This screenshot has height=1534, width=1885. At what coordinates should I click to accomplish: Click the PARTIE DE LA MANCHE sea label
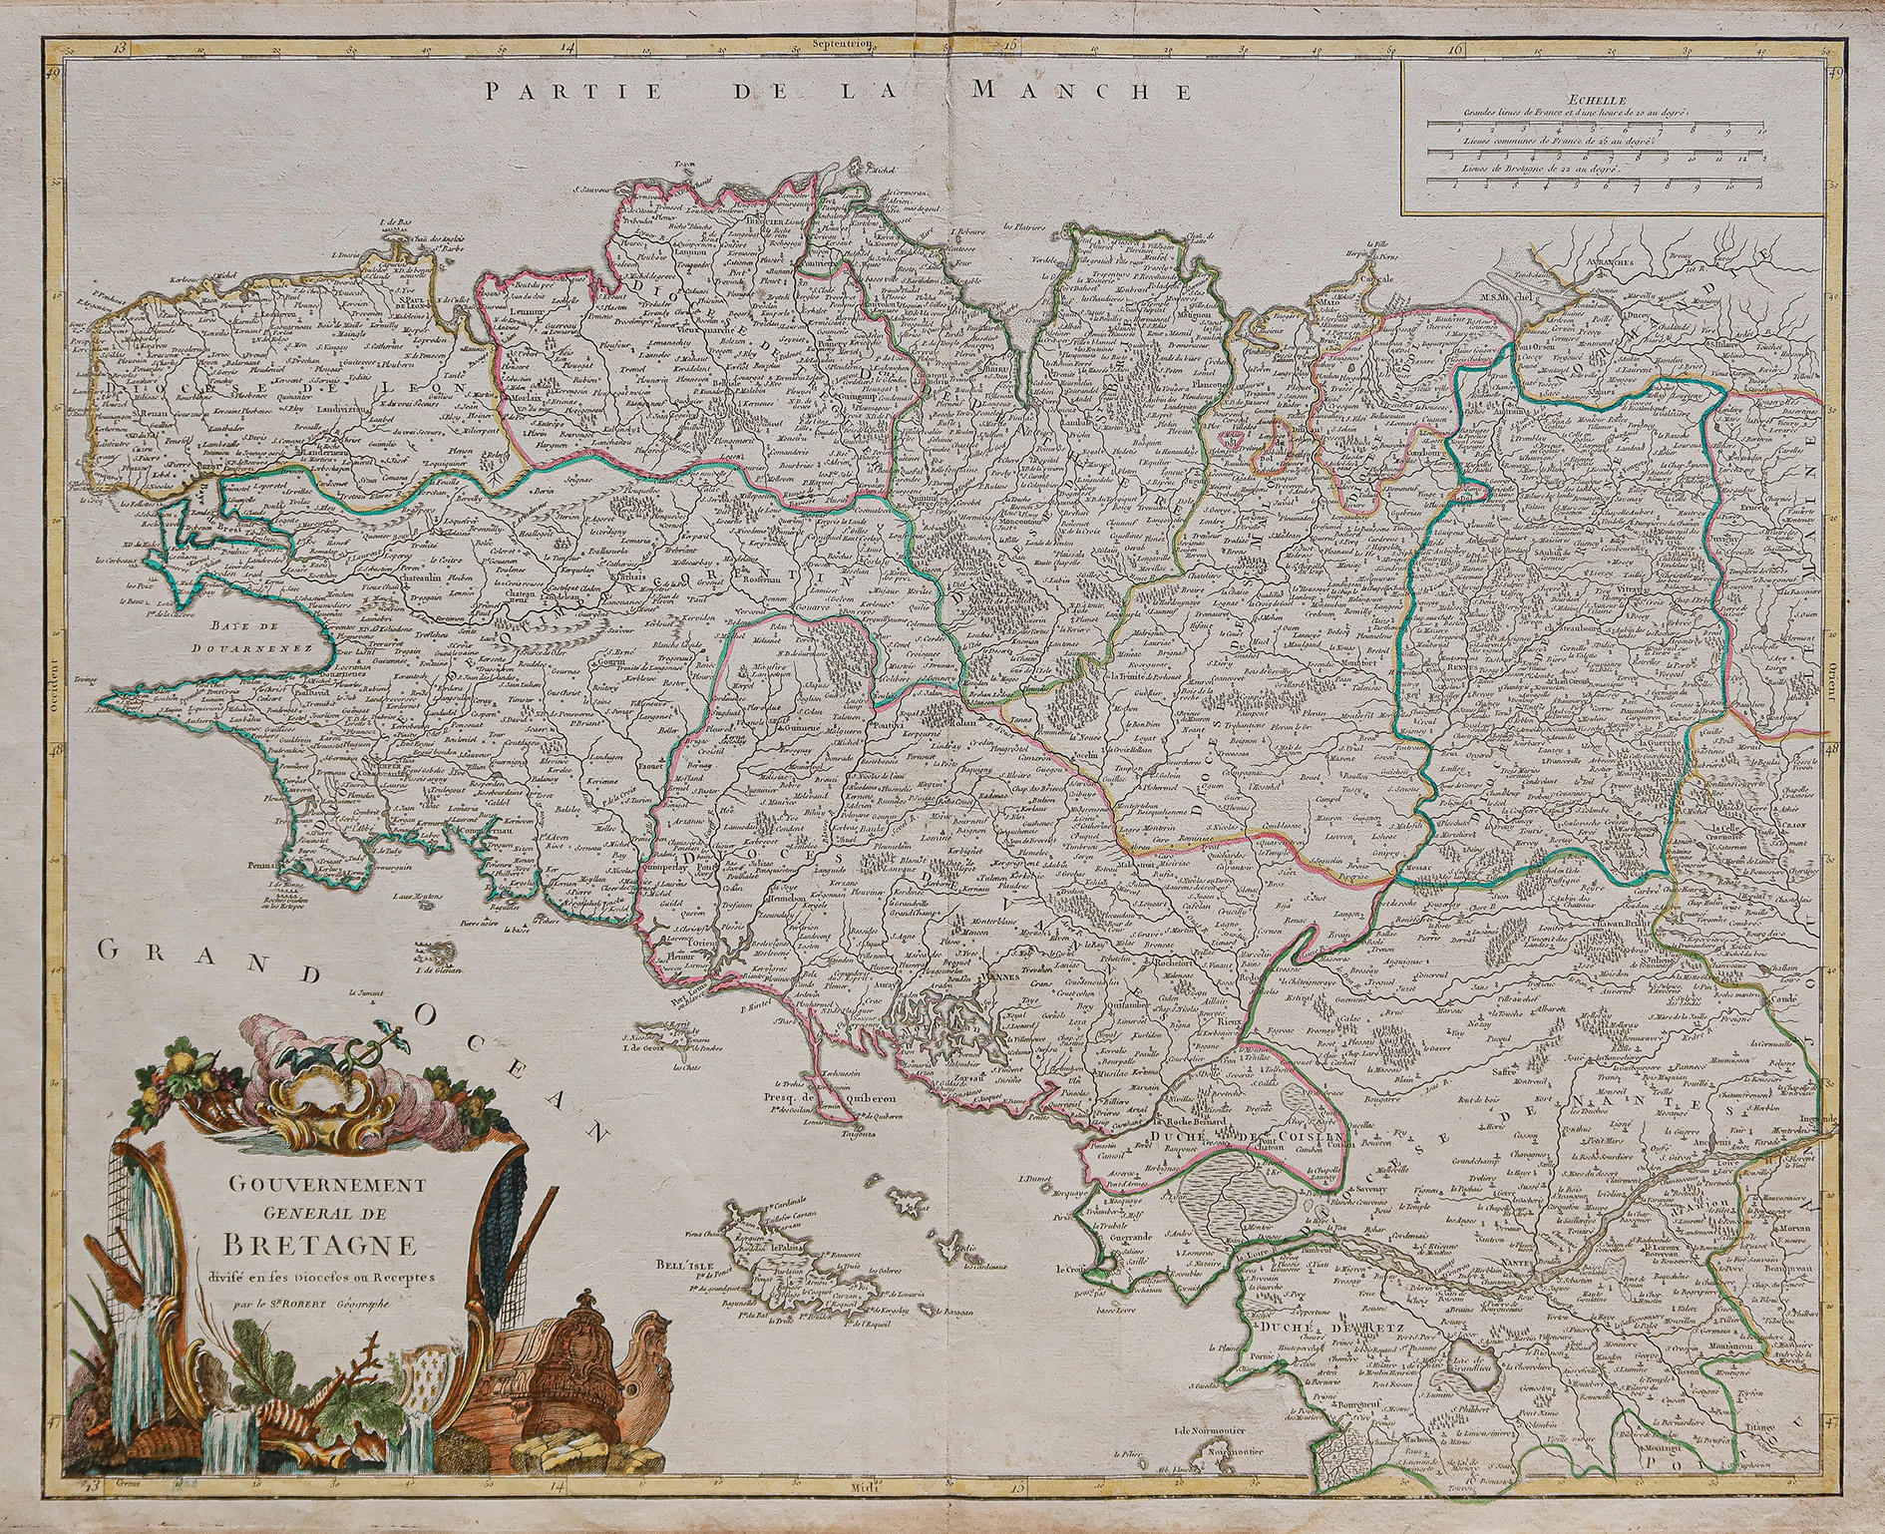[x=839, y=92]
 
